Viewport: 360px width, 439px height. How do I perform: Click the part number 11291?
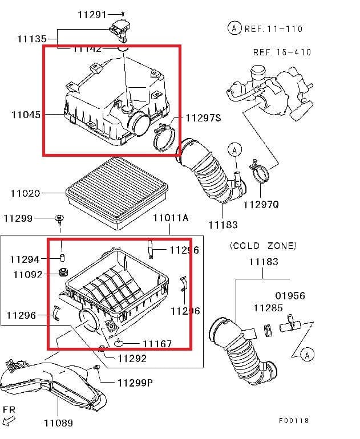pyautogui.click(x=92, y=14)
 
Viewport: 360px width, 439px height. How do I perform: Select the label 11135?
pyautogui.click(x=32, y=39)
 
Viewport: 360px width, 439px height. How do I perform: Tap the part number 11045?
pyautogui.click(x=26, y=115)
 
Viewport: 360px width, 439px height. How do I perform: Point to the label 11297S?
pyautogui.click(x=203, y=118)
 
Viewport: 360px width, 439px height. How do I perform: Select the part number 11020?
pyautogui.click(x=25, y=193)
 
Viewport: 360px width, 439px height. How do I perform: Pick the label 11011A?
pyautogui.click(x=170, y=218)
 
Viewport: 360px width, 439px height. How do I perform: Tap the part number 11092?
pyautogui.click(x=27, y=274)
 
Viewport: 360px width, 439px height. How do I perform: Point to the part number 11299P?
pyautogui.click(x=135, y=383)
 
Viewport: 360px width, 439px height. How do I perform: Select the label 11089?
pyautogui.click(x=58, y=422)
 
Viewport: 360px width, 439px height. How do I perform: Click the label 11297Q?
pyautogui.click(x=261, y=204)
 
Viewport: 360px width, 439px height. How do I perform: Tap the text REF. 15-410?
pyautogui.click(x=282, y=52)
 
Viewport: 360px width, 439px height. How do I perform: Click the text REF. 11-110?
pyautogui.click(x=273, y=29)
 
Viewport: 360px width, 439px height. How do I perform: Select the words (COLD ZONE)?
pyautogui.click(x=263, y=246)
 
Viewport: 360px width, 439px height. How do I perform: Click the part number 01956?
pyautogui.click(x=290, y=296)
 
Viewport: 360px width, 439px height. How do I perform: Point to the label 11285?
pyautogui.click(x=268, y=308)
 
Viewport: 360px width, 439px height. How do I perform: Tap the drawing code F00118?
pyautogui.click(x=294, y=420)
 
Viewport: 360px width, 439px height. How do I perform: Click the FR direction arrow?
pyautogui.click(x=9, y=421)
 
